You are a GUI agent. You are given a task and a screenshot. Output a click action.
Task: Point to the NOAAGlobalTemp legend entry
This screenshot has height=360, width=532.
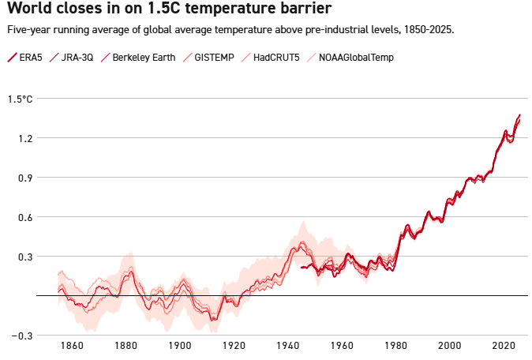click(x=356, y=58)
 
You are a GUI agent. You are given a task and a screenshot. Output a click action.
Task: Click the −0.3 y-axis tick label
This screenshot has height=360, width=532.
click(x=21, y=336)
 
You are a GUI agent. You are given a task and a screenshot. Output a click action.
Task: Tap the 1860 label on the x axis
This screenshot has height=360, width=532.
click(x=71, y=346)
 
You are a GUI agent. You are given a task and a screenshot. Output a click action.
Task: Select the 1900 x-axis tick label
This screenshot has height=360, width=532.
click(x=179, y=346)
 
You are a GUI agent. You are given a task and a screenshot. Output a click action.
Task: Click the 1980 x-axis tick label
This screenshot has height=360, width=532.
click(x=396, y=346)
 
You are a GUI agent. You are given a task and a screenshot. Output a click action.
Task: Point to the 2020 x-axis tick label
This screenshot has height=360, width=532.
click(x=504, y=346)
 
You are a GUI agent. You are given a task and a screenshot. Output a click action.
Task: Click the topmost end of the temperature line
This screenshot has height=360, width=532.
click(x=520, y=115)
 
